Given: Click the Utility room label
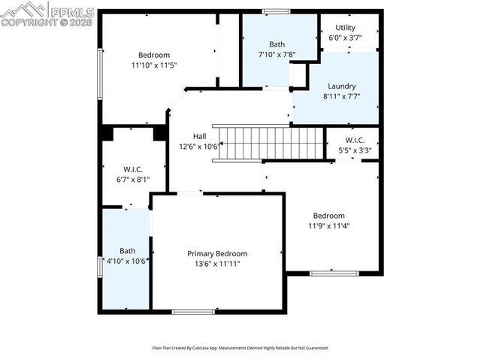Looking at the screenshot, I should pos(346,28).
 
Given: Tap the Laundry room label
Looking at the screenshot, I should pos(341,86).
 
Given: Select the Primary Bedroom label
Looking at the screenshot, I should pos(217,254).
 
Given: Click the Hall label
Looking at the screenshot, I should pos(199,136).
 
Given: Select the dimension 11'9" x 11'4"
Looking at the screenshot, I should pos(329,225).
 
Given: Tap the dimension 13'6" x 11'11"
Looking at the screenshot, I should pos(217,264).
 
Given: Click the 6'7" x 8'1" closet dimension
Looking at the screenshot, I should pos(133,179).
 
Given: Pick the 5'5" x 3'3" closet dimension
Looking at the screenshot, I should pos(355,150).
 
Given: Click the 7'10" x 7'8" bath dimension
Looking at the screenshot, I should pos(277,54).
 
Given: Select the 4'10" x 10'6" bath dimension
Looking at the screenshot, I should pos(127,261).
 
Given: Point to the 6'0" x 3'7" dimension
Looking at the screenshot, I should pos(346,38).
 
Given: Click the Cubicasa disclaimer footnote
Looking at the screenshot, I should pos(240,348).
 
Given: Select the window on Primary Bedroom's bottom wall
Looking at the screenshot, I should pos(193,311).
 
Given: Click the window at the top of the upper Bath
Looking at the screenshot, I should pos(276,11).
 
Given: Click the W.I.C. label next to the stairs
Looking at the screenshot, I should pos(355,141).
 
